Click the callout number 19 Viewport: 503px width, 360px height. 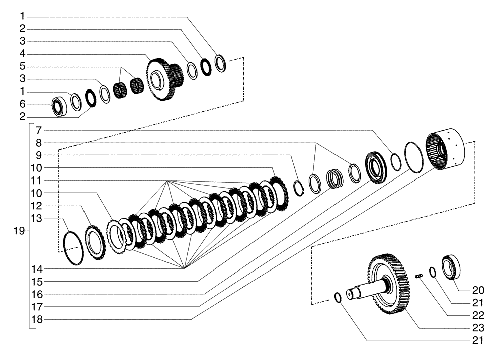[19, 231]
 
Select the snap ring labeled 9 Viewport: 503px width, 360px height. [300, 188]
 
